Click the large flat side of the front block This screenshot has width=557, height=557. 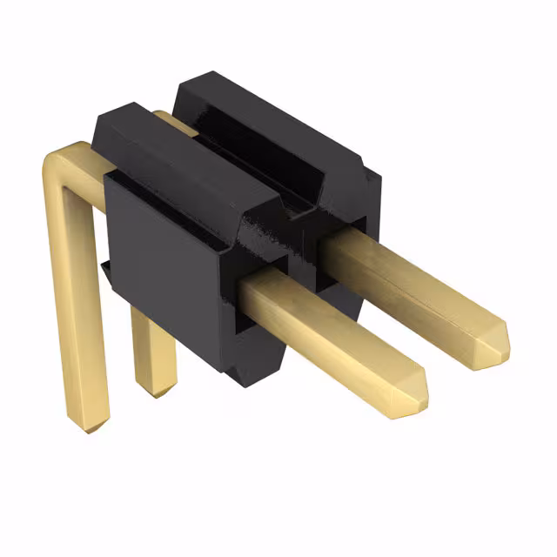click(x=161, y=261)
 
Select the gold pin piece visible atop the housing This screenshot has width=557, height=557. click(x=174, y=122)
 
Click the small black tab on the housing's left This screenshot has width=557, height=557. click(x=105, y=270)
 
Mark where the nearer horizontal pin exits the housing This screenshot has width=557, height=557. click(x=252, y=292)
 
